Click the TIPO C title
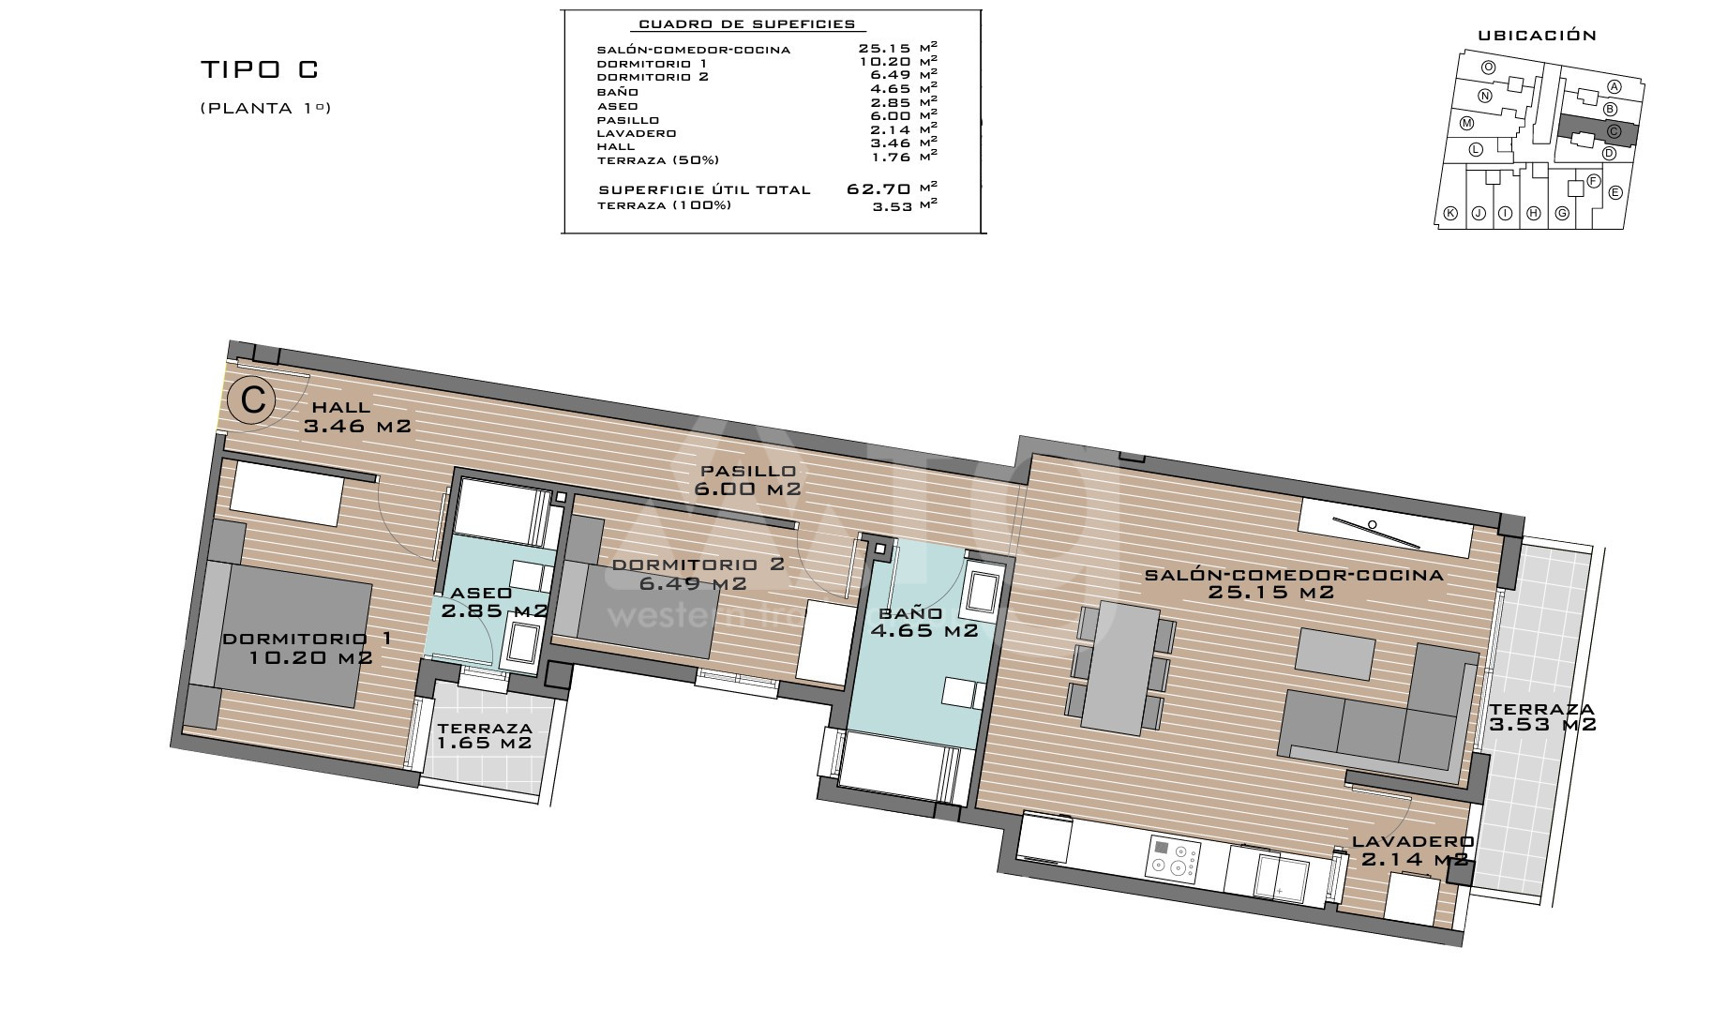point(260,69)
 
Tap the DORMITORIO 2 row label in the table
point(653,77)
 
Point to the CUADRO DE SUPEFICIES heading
point(746,24)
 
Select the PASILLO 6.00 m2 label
point(746,480)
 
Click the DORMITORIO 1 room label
point(308,648)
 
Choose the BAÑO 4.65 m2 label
point(928,622)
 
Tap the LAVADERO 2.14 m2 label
point(1410,851)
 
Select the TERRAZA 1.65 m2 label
point(485,735)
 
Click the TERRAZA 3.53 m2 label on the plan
point(1542,717)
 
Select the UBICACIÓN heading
point(1537,36)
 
